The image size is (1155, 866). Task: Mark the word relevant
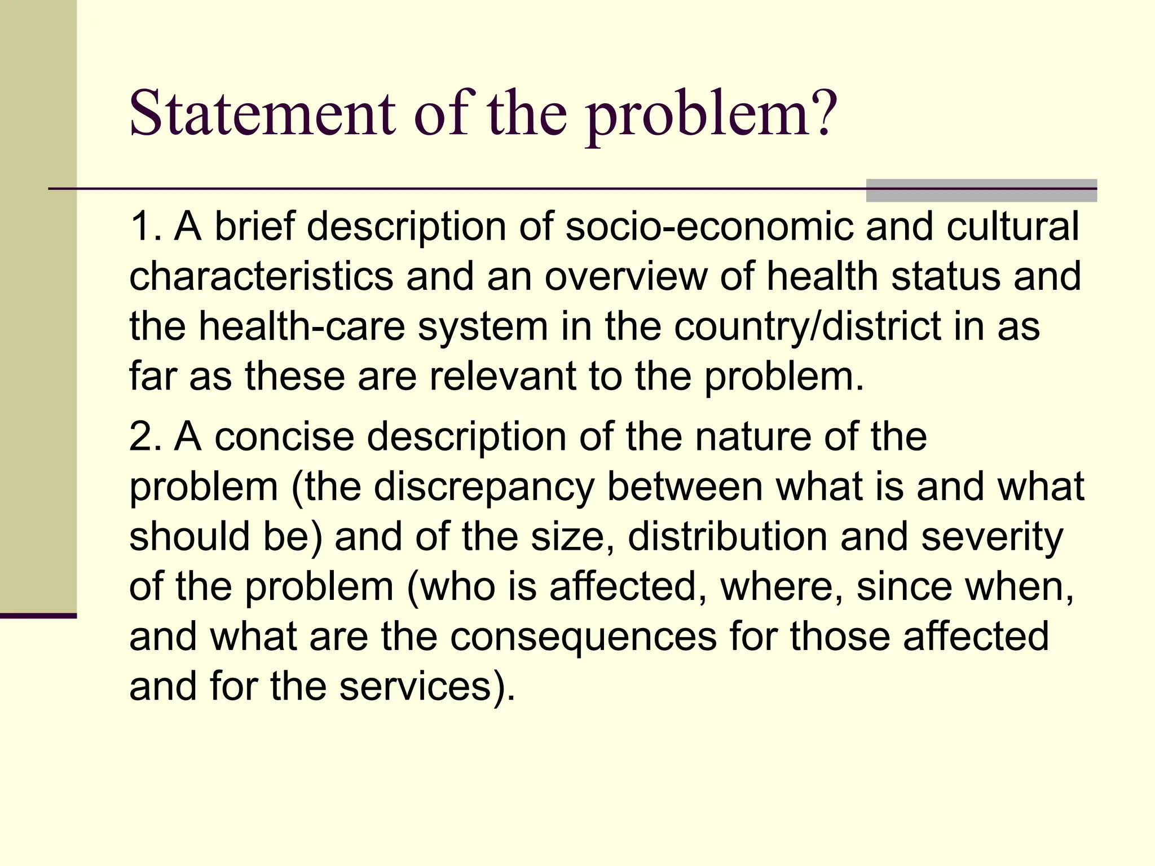(502, 376)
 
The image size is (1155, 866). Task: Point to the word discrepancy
(484, 487)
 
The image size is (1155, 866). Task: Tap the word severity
(992, 537)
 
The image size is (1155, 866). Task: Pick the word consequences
(583, 637)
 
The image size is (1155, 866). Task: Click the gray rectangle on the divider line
(981, 190)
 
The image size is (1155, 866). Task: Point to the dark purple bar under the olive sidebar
(38, 616)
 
